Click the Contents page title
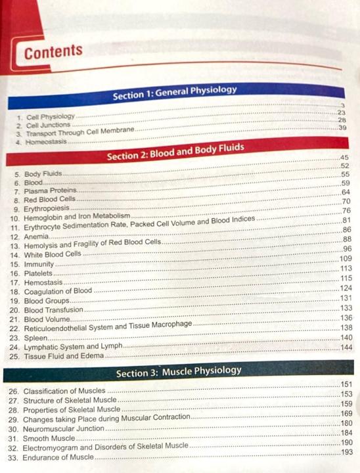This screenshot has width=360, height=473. [53, 52]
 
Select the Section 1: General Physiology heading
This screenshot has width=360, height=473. [174, 93]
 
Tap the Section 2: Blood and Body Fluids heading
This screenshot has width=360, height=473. [175, 152]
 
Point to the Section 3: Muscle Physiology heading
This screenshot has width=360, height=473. [178, 372]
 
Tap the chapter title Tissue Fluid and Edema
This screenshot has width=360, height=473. [64, 356]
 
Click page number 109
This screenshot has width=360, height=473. [346, 259]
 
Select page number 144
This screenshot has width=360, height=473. [347, 347]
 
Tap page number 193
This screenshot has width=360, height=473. [347, 453]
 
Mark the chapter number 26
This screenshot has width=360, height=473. [14, 391]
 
